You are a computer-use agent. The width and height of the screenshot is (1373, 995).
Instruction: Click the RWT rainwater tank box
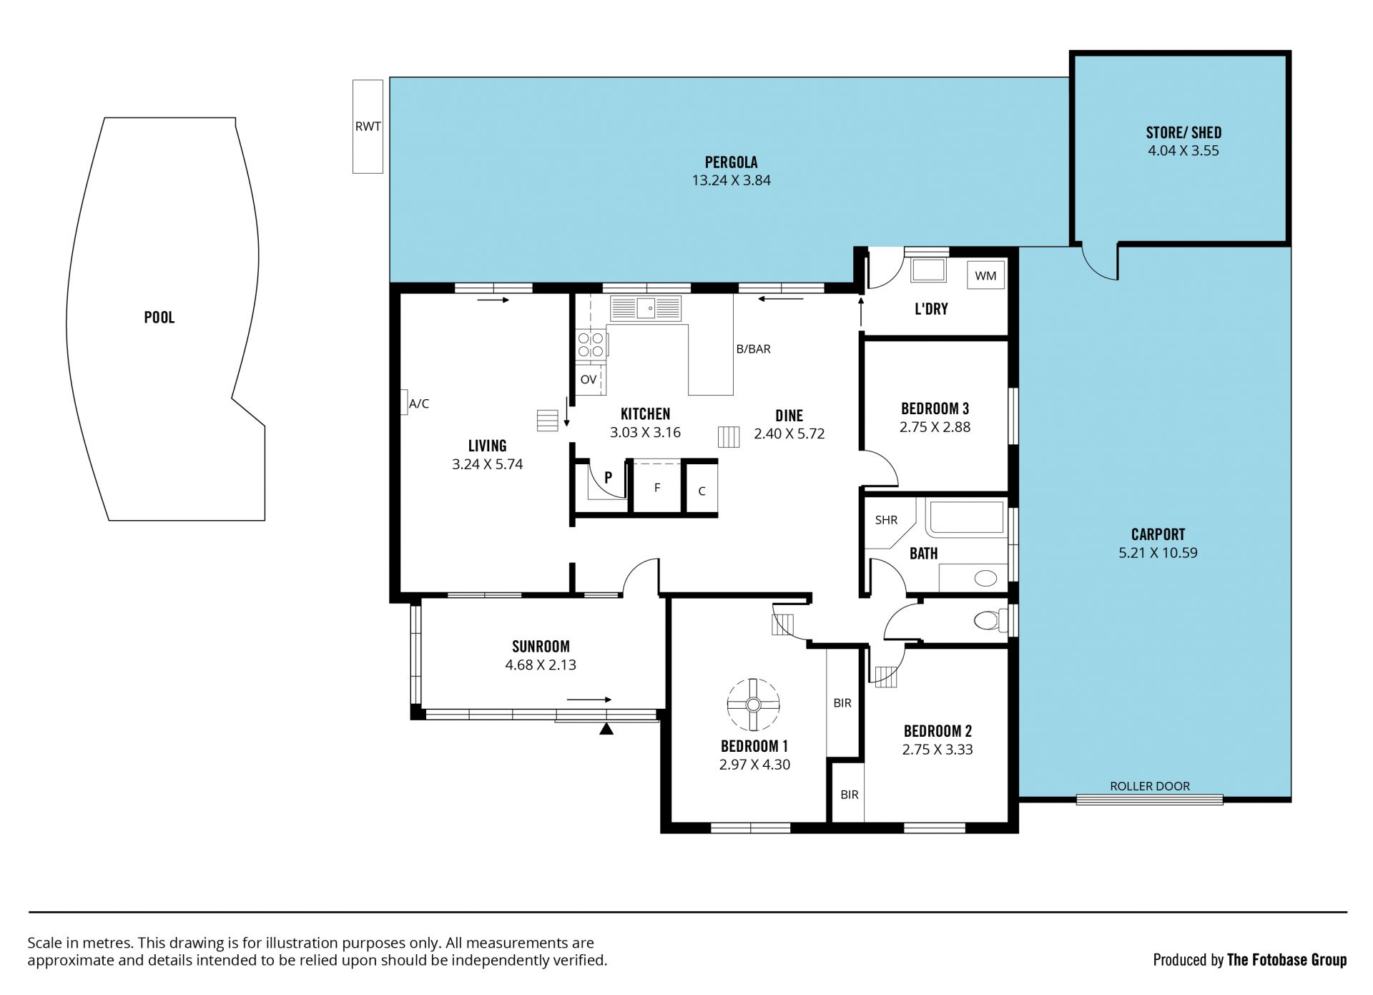tap(368, 126)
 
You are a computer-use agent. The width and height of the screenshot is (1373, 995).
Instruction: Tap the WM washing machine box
tap(985, 275)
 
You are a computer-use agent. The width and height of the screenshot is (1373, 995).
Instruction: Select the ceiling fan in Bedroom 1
tap(753, 705)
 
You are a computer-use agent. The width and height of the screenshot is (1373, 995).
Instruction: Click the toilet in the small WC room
tap(990, 619)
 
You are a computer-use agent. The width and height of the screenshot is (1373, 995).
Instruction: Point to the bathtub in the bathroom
tap(966, 517)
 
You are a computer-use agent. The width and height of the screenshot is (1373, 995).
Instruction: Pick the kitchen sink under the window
tap(646, 308)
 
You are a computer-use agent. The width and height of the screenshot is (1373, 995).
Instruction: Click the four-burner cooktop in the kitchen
tap(591, 344)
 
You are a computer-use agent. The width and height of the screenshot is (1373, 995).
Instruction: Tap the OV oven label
tap(589, 379)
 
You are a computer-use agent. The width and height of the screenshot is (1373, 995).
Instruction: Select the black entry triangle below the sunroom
tap(606, 729)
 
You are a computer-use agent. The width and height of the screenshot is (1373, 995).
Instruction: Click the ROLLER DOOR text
tap(1150, 786)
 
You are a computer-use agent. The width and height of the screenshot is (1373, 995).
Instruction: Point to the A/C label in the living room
tap(419, 403)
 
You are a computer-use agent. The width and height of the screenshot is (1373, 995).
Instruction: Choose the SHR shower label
tap(886, 520)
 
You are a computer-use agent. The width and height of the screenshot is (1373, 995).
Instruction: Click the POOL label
tap(159, 318)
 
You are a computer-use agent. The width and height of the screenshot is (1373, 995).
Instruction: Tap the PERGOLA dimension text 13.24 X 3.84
tap(731, 180)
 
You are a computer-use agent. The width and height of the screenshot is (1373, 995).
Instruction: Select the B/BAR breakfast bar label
tap(754, 349)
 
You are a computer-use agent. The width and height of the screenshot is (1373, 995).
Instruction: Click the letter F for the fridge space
tap(657, 488)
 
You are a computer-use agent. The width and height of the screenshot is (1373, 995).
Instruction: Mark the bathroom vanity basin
tap(985, 578)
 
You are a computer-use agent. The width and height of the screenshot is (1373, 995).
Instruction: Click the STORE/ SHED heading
tap(1183, 132)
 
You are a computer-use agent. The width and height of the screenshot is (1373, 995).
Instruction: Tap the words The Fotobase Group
tap(1286, 960)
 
